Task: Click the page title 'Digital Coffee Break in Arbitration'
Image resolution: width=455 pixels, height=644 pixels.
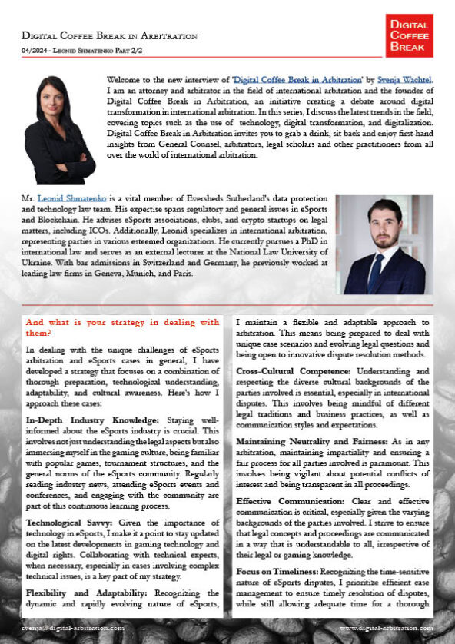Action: (109, 35)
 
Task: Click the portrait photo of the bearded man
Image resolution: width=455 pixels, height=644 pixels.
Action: (384, 244)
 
